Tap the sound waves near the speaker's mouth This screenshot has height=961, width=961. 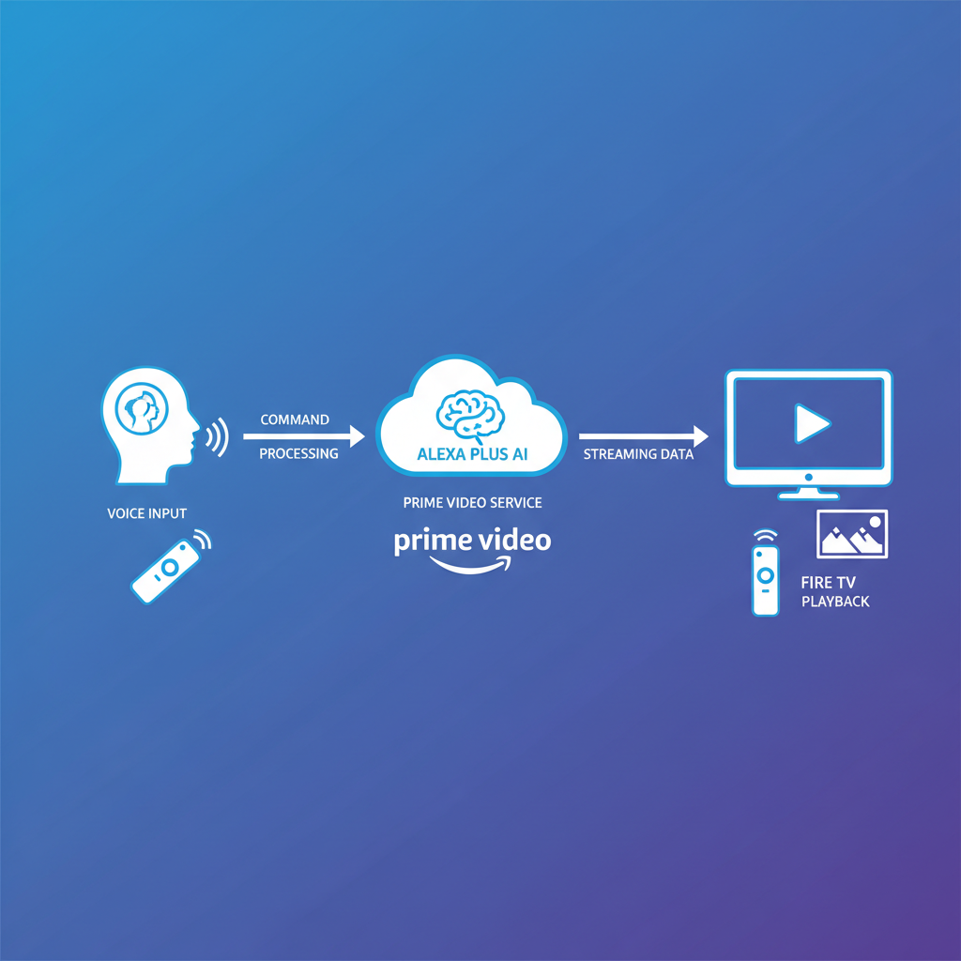pyautogui.click(x=217, y=437)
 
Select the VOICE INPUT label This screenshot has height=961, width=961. pyautogui.click(x=147, y=513)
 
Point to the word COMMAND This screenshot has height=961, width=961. pyautogui.click(x=295, y=419)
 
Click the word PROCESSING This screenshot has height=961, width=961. pyautogui.click(x=298, y=453)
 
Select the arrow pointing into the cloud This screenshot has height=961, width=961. pyautogui.click(x=303, y=436)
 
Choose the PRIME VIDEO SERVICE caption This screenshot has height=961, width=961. pyautogui.click(x=472, y=503)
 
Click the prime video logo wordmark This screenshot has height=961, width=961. pyautogui.click(x=472, y=541)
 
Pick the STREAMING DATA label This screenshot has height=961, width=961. pyautogui.click(x=638, y=454)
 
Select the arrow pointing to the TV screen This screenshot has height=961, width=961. pyautogui.click(x=643, y=436)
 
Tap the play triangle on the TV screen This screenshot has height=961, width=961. pyautogui.click(x=811, y=423)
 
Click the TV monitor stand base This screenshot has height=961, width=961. pyautogui.click(x=808, y=493)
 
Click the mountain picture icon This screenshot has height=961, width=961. pyautogui.click(x=852, y=535)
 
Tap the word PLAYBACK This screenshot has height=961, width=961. pyautogui.click(x=835, y=601)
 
